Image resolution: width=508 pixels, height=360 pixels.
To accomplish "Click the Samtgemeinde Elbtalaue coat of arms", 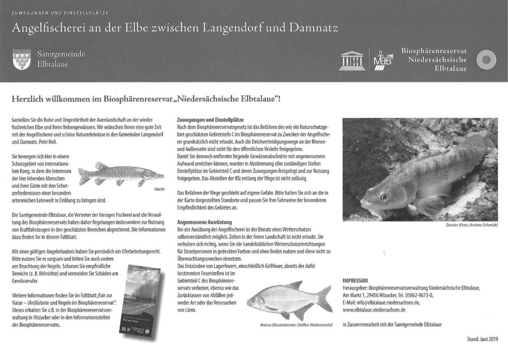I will [21, 60].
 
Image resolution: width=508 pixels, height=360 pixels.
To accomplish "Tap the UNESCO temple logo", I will [352, 60].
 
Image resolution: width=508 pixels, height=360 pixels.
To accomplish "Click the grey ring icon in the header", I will [486, 60].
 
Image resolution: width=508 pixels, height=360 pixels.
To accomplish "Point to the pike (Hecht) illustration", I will [121, 173].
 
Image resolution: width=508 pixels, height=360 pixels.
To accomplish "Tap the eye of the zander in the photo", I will [383, 197].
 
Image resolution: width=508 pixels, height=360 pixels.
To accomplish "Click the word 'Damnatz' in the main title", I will [310, 27].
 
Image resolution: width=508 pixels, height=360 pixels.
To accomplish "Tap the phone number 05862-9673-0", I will [416, 295].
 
